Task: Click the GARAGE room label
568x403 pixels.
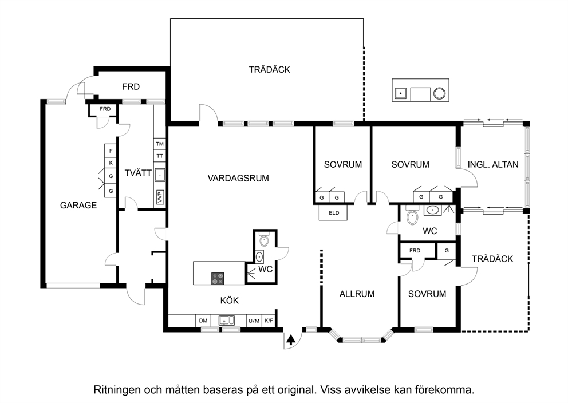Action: point(78,206)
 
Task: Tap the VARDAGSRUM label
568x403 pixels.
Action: point(238,178)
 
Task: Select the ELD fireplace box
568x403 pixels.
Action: point(333,212)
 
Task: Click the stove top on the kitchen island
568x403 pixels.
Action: point(218,278)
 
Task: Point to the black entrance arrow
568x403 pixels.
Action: point(290,340)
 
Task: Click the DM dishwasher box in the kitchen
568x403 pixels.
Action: point(203,321)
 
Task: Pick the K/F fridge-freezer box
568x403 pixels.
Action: point(269,321)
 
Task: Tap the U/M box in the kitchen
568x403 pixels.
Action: point(254,321)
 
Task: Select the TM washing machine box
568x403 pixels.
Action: point(160,144)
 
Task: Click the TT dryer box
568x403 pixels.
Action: point(160,156)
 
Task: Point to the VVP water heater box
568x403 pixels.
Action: point(160,197)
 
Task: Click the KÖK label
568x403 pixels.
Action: point(229,301)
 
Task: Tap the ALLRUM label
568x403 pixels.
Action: point(357,294)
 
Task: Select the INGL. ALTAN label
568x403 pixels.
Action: point(493,164)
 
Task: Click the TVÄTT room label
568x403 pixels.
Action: point(138,173)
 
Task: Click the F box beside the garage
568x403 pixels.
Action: point(111,151)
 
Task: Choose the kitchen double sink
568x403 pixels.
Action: point(226,321)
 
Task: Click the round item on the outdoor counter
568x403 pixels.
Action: point(440,93)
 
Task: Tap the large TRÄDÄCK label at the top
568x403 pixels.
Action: point(269,69)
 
